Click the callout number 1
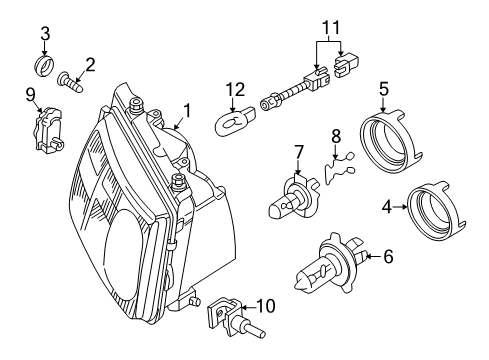pyautogui.click(x=187, y=111)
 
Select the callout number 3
pyautogui.click(x=45, y=34)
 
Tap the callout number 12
pyautogui.click(x=235, y=89)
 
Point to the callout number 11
pyautogui.click(x=331, y=27)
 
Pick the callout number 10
pyautogui.click(x=266, y=306)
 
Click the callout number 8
pyautogui.click(x=336, y=136)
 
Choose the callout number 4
pyautogui.click(x=386, y=207)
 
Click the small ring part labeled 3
pyautogui.click(x=44, y=65)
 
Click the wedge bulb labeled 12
pyautogui.click(x=235, y=122)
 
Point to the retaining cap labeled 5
pyautogui.click(x=389, y=140)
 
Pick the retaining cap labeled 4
pyautogui.click(x=436, y=211)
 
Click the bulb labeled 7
pyautogui.click(x=293, y=197)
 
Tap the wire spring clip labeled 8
pyautogui.click(x=338, y=169)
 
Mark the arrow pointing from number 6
pyautogui.click(x=373, y=256)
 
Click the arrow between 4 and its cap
pyautogui.click(x=400, y=207)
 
